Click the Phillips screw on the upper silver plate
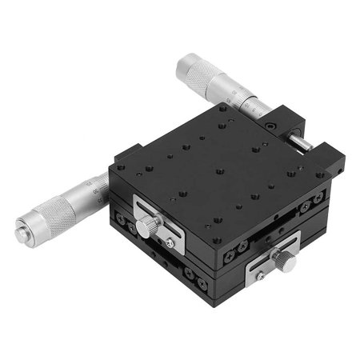170,238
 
